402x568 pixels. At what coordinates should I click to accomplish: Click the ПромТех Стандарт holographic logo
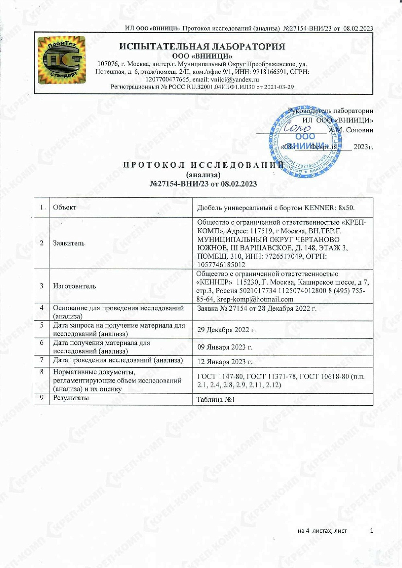click(62, 60)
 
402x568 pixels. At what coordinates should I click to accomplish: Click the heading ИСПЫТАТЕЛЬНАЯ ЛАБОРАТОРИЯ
click(202, 47)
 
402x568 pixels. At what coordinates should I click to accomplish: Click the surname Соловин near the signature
click(359, 130)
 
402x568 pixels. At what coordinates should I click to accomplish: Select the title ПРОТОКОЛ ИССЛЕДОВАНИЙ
click(203, 165)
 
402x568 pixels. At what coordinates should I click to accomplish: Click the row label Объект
click(64, 208)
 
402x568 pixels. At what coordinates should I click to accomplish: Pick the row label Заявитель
click(69, 243)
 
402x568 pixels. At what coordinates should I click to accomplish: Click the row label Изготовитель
click(74, 286)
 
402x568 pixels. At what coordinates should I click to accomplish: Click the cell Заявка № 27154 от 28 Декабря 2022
click(256, 309)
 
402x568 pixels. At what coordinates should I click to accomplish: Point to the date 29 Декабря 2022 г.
click(226, 330)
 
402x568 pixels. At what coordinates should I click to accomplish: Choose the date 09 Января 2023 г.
click(225, 347)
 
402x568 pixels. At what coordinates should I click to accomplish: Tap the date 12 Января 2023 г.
click(225, 362)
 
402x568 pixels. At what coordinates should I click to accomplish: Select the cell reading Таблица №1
click(215, 399)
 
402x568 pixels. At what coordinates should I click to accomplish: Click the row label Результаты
click(71, 398)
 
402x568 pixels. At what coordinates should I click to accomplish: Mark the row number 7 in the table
click(41, 360)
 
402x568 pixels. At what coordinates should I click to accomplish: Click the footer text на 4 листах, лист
click(322, 531)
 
